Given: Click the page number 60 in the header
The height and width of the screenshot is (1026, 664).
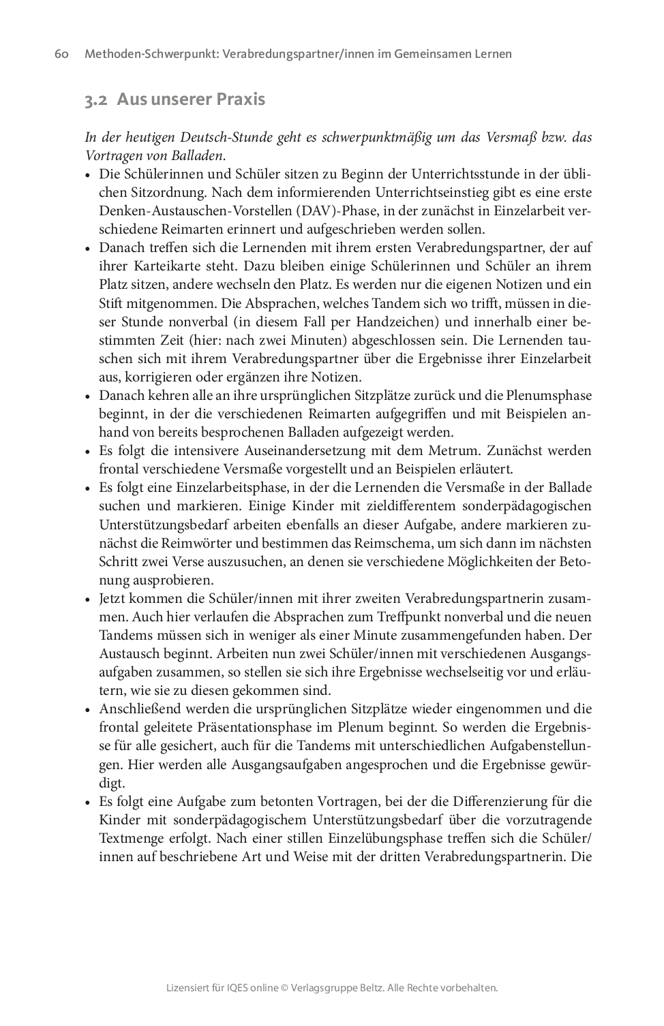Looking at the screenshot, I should (x=61, y=54).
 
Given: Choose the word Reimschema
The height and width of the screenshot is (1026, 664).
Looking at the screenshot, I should (x=394, y=544).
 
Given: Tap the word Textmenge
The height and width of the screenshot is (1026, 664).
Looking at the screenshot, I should (x=132, y=838).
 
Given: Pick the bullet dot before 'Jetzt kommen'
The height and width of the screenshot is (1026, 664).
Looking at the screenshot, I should (x=88, y=600).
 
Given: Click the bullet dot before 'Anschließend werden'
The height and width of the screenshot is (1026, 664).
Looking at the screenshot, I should (x=88, y=710).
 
